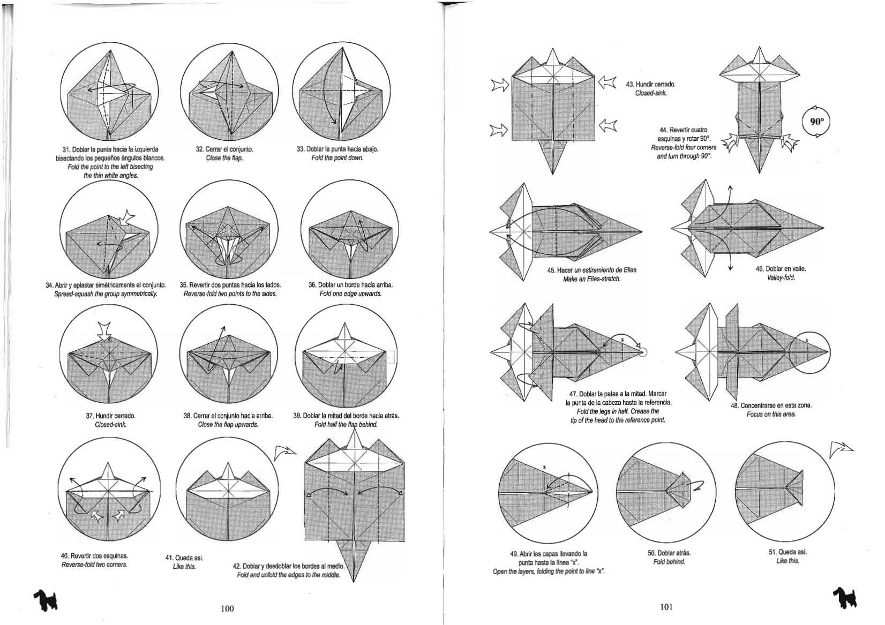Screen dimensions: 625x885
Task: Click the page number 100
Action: click(227, 608)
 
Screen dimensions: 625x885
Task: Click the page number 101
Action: click(666, 607)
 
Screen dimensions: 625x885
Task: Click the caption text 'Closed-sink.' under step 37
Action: click(110, 425)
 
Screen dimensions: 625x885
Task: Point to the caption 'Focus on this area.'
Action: click(771, 414)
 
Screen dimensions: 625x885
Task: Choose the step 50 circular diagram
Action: click(666, 491)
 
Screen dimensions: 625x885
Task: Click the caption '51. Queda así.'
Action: click(787, 552)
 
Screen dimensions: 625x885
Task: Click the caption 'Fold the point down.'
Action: click(337, 158)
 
